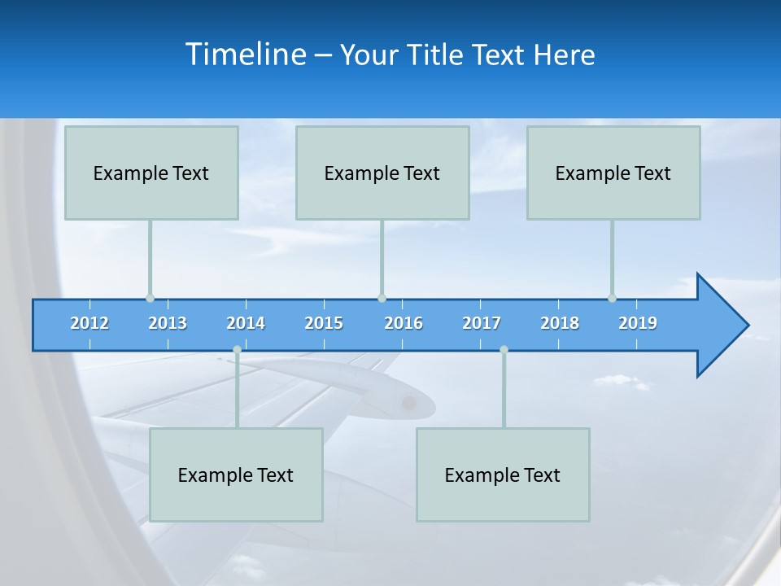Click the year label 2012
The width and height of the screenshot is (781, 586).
tap(89, 323)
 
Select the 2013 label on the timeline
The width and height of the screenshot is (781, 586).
tap(168, 323)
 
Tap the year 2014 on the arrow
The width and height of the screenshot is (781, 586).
tap(246, 323)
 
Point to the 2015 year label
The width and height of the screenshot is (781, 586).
tap(324, 323)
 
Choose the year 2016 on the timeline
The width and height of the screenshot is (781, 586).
tap(404, 323)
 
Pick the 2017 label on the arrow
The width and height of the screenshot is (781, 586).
tap(482, 323)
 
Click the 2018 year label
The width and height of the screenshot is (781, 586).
tap(560, 323)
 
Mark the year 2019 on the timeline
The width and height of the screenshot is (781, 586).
tap(638, 323)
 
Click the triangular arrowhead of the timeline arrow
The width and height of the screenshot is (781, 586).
tap(720, 326)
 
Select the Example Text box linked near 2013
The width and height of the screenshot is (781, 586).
tap(151, 173)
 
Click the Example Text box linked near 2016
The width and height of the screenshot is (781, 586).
tap(382, 173)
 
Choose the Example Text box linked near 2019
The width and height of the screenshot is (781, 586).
tap(613, 173)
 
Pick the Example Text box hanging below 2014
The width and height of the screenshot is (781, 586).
tap(236, 474)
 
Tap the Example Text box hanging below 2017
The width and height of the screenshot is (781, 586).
tap(503, 474)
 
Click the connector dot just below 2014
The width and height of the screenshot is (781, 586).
tap(237, 349)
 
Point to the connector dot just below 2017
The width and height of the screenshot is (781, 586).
tap(504, 349)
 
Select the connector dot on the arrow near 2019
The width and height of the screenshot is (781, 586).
tap(612, 298)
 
